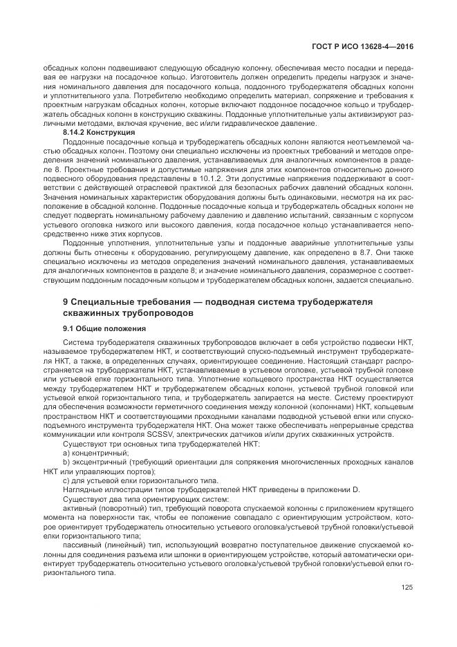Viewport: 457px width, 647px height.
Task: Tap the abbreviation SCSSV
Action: pos(157,435)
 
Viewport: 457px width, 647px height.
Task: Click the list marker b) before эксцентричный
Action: pos(67,462)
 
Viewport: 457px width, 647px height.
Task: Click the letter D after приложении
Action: pos(357,489)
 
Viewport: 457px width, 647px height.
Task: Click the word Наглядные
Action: pos(82,489)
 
